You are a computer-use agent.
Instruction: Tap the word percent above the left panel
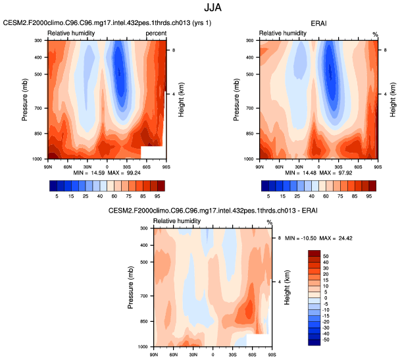[156, 33]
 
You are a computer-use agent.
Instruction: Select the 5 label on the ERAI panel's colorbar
[269, 196]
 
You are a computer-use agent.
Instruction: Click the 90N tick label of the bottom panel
[153, 355]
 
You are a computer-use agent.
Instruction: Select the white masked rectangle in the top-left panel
[153, 152]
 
